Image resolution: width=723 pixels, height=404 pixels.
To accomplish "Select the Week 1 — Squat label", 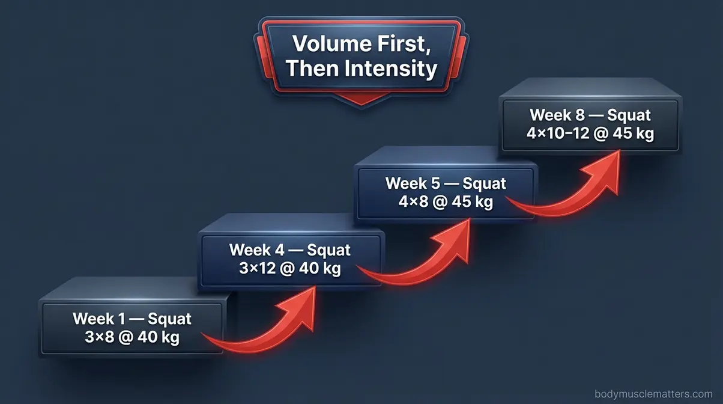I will point(132,318).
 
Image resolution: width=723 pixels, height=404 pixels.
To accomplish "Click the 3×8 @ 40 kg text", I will point(132,337).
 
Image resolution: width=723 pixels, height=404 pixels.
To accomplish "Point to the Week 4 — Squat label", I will point(290,249).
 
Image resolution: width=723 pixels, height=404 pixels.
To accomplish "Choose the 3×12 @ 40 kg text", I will point(290,268).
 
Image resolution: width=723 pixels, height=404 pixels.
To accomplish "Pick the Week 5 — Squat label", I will point(446,183).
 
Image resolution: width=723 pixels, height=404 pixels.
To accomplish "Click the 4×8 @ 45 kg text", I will point(446,202).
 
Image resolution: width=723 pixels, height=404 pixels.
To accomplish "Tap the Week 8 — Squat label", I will point(590,114).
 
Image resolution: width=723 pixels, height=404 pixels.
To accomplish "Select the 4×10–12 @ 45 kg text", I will point(590,133).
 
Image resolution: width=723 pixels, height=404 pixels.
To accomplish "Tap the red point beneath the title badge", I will point(361,100).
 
